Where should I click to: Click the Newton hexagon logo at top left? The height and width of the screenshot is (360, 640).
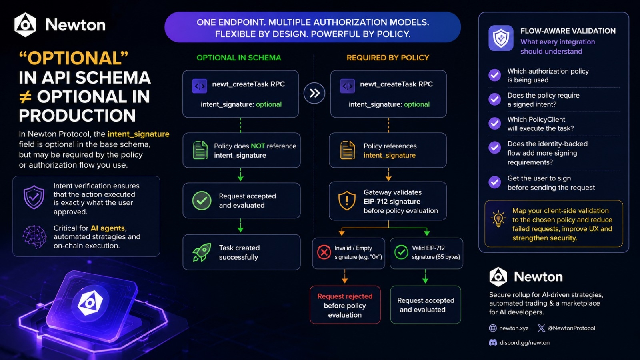(25, 25)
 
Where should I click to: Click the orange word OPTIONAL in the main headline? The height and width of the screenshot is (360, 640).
(74, 58)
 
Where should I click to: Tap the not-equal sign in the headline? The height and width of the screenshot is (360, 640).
(25, 97)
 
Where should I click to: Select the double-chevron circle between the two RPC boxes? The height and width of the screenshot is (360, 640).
(314, 93)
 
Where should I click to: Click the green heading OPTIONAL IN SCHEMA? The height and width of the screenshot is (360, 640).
(239, 58)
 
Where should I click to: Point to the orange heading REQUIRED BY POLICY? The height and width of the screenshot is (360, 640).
(388, 58)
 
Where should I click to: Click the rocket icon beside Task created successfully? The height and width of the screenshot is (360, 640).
(202, 252)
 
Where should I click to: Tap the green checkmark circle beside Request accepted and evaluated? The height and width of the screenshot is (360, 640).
(202, 200)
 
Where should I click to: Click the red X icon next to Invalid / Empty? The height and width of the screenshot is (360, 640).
(324, 252)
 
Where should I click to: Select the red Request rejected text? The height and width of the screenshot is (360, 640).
(345, 296)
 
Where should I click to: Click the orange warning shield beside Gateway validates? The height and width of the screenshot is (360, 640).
(347, 200)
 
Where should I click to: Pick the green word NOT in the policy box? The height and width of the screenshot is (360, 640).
(258, 146)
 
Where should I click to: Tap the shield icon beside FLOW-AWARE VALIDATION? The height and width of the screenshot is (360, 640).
(501, 38)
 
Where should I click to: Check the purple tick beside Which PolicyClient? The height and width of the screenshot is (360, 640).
(494, 124)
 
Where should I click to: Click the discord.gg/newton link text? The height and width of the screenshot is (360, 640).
(524, 342)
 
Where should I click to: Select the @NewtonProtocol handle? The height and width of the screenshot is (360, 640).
(572, 328)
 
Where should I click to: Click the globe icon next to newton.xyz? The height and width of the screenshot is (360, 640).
(493, 328)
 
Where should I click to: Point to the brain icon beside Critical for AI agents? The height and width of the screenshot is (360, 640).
(34, 237)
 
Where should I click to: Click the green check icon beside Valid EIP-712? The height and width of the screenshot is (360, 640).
(402, 252)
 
